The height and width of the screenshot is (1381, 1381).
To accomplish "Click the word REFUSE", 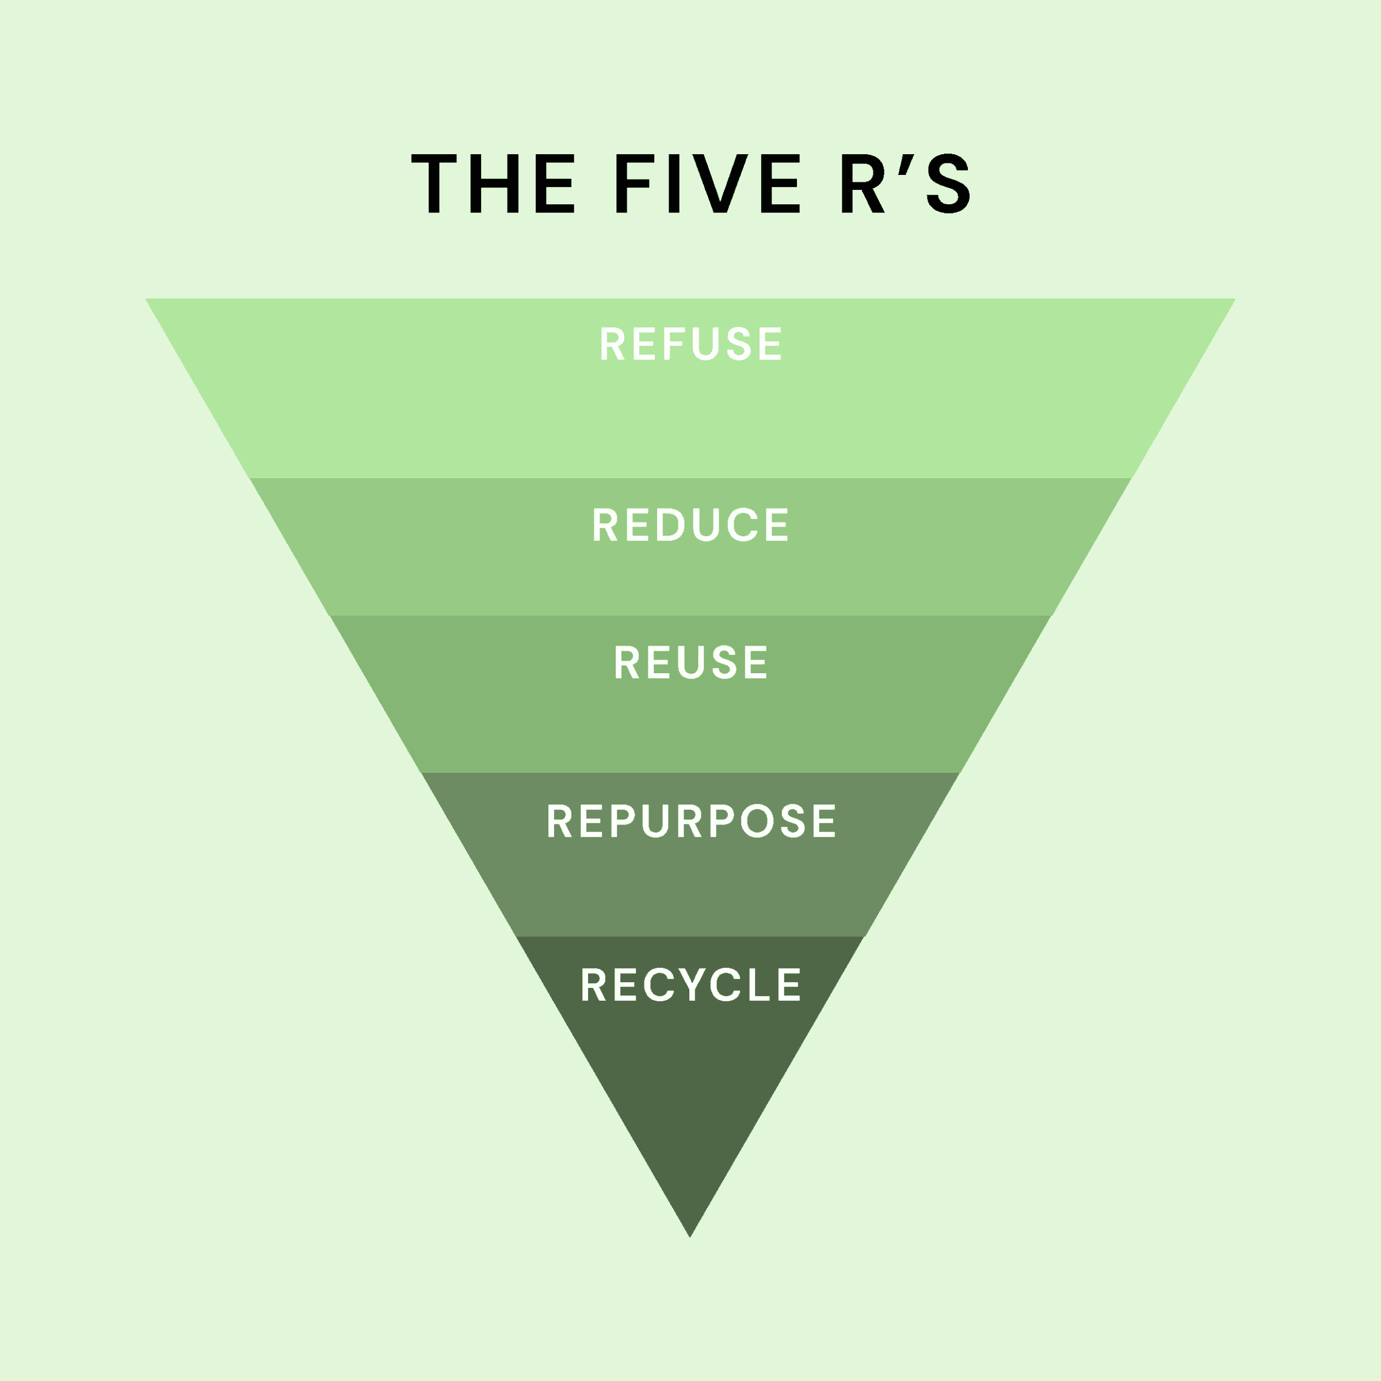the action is point(690,344).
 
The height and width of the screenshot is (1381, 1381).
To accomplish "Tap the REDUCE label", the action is point(690,525).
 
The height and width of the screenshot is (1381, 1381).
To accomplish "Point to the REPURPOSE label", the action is point(690,821).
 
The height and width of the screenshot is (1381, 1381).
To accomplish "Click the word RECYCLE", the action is point(690,985).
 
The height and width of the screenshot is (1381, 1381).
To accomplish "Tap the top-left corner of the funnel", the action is point(147,299).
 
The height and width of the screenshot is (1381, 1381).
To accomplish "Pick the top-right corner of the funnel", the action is point(1234,299).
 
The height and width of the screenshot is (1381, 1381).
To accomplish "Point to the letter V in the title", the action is point(720,184).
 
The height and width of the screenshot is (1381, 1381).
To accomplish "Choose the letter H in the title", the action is point(494,184).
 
